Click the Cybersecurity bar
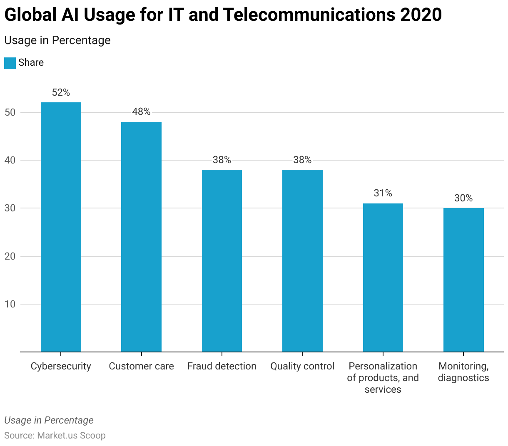(61, 227)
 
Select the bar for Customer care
(141, 237)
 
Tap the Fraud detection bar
(222, 260)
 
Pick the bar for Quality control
(302, 260)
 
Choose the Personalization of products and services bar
(383, 278)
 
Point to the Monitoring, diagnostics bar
(463, 280)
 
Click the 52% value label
(61, 93)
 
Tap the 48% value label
(141, 111)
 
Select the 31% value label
(383, 193)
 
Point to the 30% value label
(463, 198)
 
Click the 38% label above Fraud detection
(222, 160)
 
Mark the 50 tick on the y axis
(10, 112)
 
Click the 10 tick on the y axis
(10, 304)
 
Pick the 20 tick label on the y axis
(10, 256)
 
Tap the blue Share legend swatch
(10, 63)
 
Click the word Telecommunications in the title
(309, 15)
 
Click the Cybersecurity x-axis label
(61, 366)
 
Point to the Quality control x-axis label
(302, 366)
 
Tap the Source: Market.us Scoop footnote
(55, 435)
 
